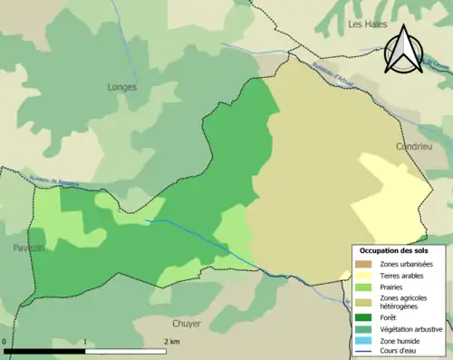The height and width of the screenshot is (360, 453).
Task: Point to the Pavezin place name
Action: [x=29, y=248]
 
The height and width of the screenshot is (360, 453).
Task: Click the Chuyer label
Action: [x=187, y=323]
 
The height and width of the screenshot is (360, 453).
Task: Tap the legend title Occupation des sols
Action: [x=395, y=249]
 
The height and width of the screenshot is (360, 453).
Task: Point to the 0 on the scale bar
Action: [x=5, y=341]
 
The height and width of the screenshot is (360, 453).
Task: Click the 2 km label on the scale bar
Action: [x=171, y=341]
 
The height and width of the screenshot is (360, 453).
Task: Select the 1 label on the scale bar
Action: [x=85, y=341]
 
